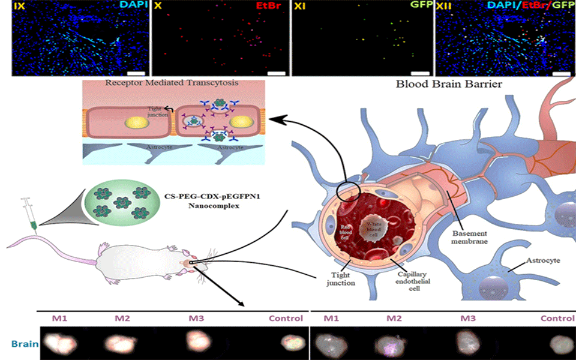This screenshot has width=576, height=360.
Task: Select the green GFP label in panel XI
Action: tap(418, 6)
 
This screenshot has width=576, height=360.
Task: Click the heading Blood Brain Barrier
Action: tap(449, 83)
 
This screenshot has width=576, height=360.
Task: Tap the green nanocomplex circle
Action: tap(123, 199)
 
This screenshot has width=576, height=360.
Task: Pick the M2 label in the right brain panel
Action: tap(394, 319)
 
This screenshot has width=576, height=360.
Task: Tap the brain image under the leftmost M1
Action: tap(58, 343)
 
